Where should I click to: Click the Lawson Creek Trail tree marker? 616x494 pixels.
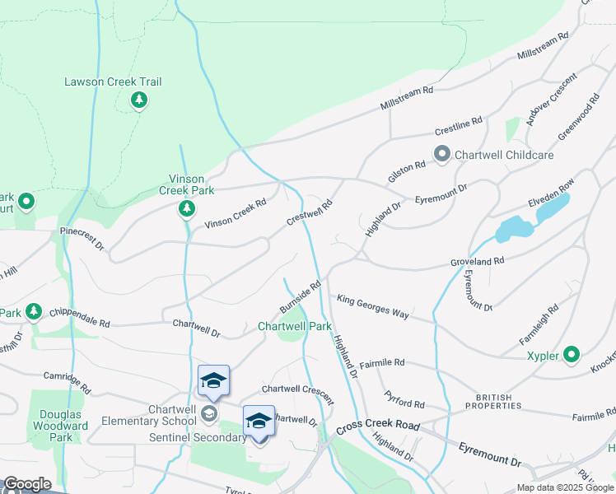139,100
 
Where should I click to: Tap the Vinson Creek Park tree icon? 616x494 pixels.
188,208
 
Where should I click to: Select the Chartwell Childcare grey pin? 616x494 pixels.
442,154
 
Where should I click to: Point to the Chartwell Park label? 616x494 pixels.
294,326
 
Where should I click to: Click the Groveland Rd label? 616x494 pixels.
477,260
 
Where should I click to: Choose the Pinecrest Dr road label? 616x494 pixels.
82,240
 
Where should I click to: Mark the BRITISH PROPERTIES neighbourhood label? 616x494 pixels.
493,401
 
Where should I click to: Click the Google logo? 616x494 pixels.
27,484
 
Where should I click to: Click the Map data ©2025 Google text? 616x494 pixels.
564,487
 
